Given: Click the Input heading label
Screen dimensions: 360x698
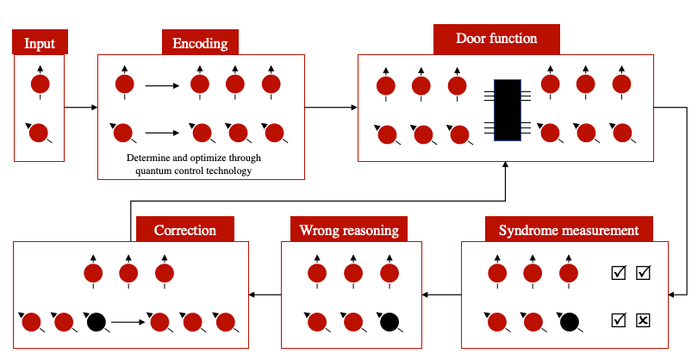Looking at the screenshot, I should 40,43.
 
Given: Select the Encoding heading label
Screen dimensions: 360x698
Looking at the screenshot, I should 200,43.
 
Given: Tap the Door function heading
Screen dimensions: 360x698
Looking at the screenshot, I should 496,39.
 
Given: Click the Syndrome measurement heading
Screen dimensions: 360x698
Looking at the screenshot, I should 569,230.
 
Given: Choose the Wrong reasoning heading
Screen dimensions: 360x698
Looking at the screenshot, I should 348,230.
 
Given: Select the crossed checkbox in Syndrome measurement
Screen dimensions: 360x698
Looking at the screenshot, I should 643,321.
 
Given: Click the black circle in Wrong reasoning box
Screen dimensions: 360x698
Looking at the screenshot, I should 390,322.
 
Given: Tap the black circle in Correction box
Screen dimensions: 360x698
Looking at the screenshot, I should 96,322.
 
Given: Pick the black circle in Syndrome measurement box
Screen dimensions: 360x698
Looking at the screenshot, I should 569,322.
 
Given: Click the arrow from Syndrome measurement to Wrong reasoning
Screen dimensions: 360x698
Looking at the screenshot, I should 442,295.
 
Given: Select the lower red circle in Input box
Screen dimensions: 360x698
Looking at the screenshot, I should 40,133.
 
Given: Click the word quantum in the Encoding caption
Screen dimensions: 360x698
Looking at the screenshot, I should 154,170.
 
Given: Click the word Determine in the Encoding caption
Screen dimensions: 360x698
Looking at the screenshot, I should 150,158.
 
